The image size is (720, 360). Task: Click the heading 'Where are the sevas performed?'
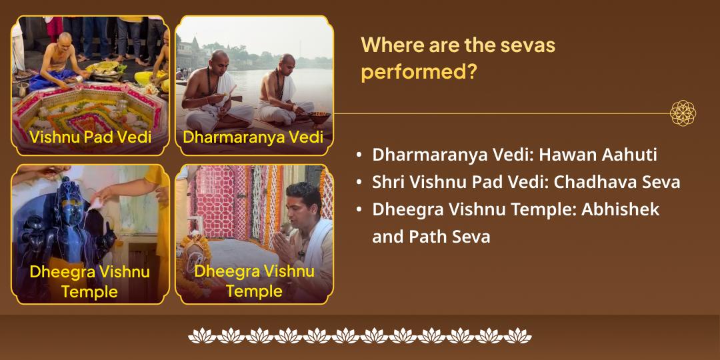458,58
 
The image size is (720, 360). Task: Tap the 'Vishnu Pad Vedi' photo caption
89,137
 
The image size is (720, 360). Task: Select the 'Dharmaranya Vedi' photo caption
253,137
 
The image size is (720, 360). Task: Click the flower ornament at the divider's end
683,113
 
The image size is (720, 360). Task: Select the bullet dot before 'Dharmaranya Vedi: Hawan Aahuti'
359,155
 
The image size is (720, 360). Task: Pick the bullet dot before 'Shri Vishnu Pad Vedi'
359,183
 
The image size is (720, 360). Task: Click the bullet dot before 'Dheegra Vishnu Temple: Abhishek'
359,210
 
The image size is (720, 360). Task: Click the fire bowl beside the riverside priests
320,118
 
